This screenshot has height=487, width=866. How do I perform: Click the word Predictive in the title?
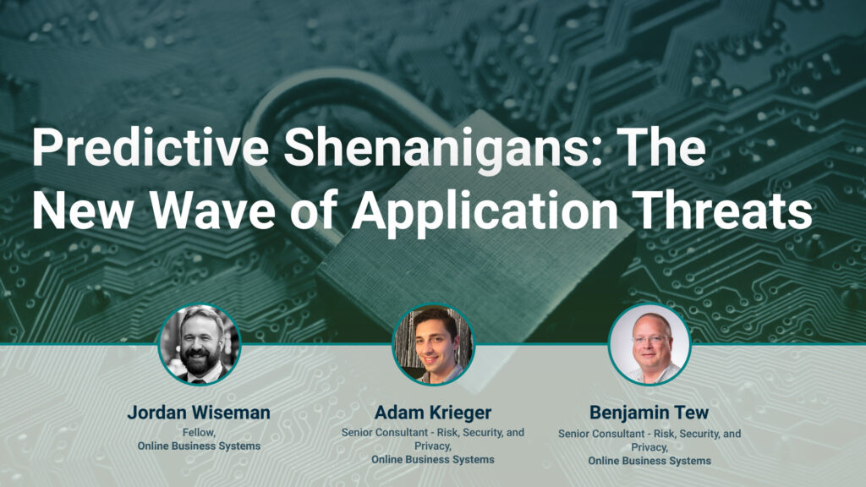pos(151,148)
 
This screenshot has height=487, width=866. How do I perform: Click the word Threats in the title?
pos(725,211)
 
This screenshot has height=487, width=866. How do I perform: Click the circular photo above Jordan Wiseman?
pos(200,345)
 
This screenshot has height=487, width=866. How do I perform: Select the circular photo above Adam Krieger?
pos(433,345)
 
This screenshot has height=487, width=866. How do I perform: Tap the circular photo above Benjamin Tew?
pos(649,344)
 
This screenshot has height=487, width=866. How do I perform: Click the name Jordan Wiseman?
pos(199,412)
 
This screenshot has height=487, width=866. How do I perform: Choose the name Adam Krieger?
pos(433,413)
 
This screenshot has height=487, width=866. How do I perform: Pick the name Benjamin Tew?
pos(649,413)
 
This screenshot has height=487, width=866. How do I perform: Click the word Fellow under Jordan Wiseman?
pos(198,433)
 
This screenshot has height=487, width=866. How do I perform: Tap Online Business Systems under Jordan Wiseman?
pos(199,446)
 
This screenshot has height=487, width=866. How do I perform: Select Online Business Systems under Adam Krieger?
pos(433,459)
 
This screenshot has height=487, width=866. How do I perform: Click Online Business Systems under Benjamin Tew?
pos(649,461)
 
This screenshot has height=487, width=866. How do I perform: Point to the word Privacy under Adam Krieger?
pos(433,446)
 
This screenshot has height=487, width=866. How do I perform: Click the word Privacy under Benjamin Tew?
pos(649,447)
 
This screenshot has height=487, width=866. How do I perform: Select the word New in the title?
pos(82,211)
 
